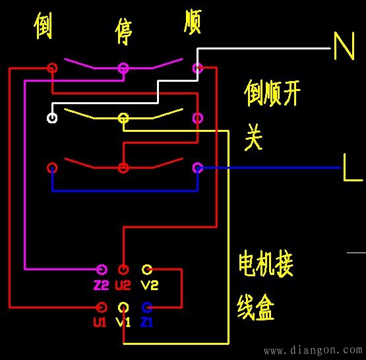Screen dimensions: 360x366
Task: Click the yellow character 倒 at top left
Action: pos(44,26)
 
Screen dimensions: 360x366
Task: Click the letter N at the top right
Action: pos(344,47)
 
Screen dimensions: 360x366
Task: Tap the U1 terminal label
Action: pos(100,322)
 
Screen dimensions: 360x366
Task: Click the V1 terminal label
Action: pos(123,322)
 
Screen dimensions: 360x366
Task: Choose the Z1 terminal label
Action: pos(146,322)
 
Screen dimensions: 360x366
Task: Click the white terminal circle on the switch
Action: pos(52,119)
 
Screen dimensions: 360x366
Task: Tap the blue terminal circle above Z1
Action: pos(147,307)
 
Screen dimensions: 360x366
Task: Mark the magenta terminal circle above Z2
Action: pos(102,269)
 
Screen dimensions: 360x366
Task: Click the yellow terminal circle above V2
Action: pos(147,269)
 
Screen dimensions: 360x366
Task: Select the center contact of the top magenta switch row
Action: pos(123,68)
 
